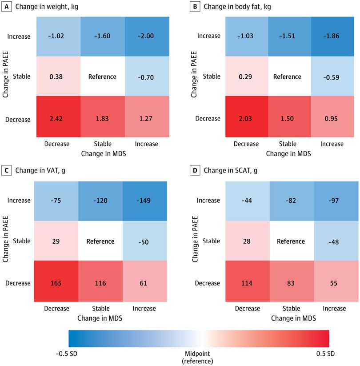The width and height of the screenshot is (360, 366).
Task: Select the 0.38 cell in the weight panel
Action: (57, 77)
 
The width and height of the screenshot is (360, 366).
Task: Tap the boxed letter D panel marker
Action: (195, 170)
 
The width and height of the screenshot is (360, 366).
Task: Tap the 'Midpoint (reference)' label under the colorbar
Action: (198, 358)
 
